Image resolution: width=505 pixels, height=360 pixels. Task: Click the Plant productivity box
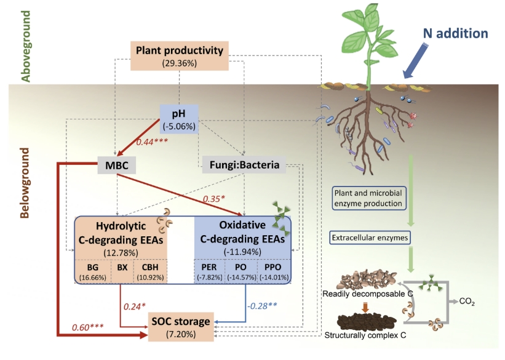coord(180,56)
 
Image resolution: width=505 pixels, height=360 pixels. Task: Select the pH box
coord(179,119)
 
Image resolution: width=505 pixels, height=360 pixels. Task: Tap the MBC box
coord(117,165)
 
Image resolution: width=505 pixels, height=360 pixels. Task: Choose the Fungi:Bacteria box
coord(244,165)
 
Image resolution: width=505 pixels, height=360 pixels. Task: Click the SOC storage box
coord(181,327)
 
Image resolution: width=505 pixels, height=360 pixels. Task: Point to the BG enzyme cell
coord(93,271)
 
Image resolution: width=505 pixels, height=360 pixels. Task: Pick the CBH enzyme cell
coord(150,271)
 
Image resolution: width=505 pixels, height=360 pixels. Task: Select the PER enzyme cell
coord(209,271)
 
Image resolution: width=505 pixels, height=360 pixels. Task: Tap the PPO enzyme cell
coord(274,271)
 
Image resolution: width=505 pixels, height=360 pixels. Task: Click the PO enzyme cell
coord(241,271)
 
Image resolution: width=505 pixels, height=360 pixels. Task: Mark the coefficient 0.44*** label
coord(152,142)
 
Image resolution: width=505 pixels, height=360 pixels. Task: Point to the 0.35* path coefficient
coord(214,199)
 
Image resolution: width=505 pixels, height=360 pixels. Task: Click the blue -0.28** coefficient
coord(262,305)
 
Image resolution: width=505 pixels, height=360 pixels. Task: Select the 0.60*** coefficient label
coord(87,327)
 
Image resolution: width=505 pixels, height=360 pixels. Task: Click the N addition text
coord(455,33)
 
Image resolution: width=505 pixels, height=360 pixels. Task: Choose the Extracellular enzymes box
coord(370,238)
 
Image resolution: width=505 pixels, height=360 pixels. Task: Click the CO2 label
coord(467,302)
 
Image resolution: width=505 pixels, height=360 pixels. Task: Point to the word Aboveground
coord(26,46)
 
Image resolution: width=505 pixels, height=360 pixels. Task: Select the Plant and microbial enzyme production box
coord(369,198)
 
